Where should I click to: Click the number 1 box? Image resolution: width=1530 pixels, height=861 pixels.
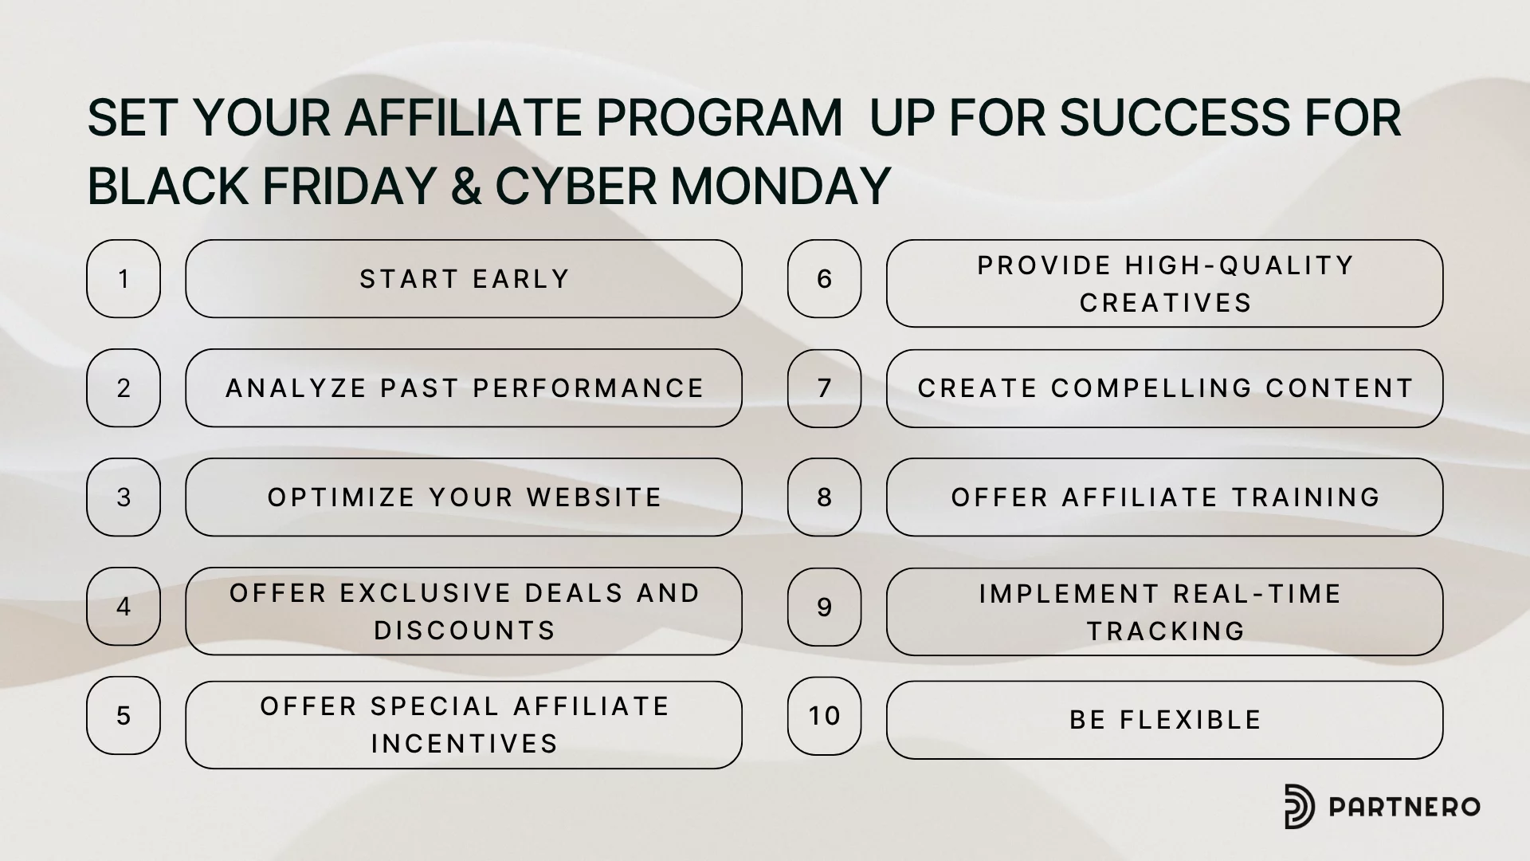coord(124,279)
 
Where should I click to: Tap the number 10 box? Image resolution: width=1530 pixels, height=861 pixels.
coord(825,716)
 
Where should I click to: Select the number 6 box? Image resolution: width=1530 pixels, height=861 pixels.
coord(825,279)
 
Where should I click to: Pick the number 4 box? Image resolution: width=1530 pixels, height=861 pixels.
coord(124,607)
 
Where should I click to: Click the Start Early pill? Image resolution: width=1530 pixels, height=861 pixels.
coord(464,279)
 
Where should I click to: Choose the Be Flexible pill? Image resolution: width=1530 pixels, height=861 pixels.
coord(1165,720)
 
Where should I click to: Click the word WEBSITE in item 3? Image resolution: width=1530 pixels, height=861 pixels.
coord(594,497)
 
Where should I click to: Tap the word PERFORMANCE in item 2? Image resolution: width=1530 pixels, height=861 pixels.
coord(589,388)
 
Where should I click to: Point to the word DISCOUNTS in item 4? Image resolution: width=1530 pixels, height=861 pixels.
coord(465,631)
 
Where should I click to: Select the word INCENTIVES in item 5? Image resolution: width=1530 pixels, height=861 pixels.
coord(465,744)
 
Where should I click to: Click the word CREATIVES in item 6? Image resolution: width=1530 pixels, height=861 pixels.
coord(1166,303)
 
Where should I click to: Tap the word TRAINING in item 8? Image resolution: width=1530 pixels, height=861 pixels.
coord(1306,497)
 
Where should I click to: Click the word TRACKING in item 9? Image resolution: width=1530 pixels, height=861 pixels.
coord(1166,631)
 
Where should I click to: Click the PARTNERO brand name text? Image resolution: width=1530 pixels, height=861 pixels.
coord(1404,807)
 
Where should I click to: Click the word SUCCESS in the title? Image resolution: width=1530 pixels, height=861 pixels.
coord(1174,118)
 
